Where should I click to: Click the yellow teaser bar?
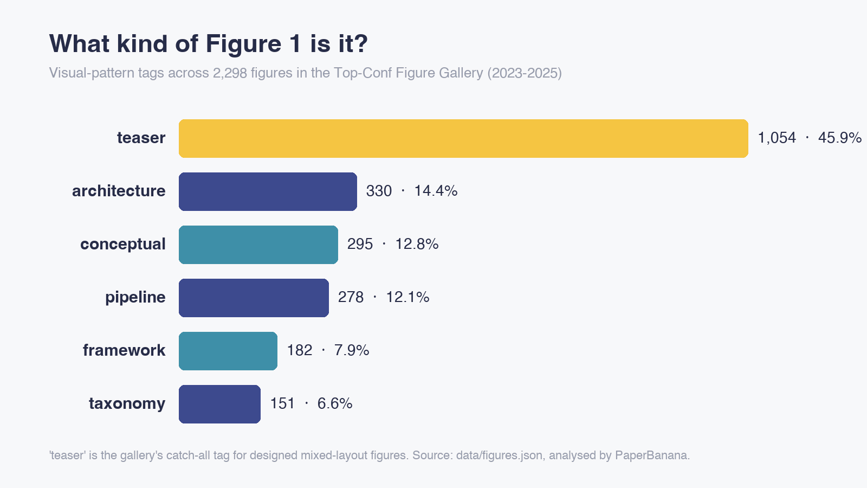(463, 138)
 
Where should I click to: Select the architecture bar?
(268, 191)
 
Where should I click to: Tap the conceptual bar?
(258, 245)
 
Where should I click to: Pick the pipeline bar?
(254, 298)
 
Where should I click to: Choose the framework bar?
(228, 350)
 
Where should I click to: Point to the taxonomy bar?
(219, 404)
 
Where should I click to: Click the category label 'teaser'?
(141, 138)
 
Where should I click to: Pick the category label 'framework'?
(124, 350)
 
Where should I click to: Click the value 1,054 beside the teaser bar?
(777, 138)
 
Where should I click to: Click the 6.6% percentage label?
(335, 404)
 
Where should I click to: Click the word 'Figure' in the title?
(243, 44)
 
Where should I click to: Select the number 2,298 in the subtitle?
(230, 73)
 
